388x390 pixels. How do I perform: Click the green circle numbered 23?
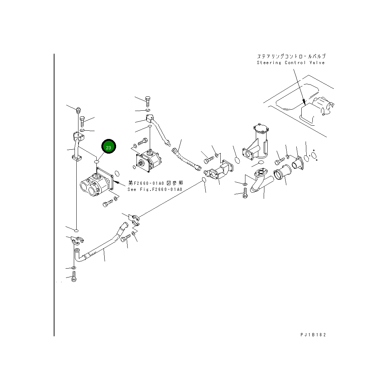coord(109,147)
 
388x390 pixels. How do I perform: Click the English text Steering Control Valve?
coord(291,63)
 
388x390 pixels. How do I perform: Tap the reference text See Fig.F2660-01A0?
coord(155,189)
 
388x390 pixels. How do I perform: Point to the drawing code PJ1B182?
coord(313,335)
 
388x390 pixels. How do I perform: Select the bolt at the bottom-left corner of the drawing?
coord(74,276)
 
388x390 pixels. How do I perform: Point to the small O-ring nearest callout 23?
coord(97,162)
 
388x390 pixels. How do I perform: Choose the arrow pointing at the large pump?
coord(120,183)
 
